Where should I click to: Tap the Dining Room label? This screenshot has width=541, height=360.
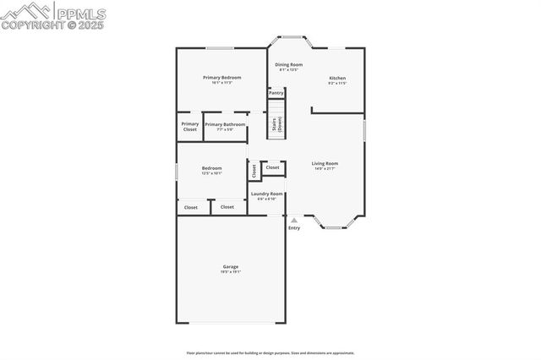tap(289, 64)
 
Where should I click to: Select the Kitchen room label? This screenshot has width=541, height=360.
tap(337, 79)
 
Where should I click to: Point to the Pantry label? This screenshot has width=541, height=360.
tap(276, 92)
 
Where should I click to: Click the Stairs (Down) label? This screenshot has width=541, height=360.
tap(276, 124)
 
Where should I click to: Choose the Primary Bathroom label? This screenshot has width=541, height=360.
tap(225, 124)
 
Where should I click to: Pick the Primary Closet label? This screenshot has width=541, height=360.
tap(190, 127)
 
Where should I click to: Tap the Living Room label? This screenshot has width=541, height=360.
tap(325, 163)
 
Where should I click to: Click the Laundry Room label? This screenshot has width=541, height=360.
tap(267, 194)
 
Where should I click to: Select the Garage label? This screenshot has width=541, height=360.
tap(231, 267)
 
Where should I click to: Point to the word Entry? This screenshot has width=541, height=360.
tap(294, 228)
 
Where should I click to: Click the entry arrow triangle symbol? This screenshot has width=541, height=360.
tap(294, 220)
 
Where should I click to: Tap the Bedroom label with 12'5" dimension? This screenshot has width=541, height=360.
tap(211, 168)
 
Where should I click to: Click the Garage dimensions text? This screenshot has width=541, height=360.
tap(231, 272)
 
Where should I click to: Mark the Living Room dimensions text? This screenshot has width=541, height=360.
tap(325, 168)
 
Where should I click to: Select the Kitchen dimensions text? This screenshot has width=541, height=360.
tap(337, 84)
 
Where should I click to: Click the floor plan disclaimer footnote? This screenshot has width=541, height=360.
tap(270, 353)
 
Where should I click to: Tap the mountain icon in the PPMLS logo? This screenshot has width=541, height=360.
tap(25, 11)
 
